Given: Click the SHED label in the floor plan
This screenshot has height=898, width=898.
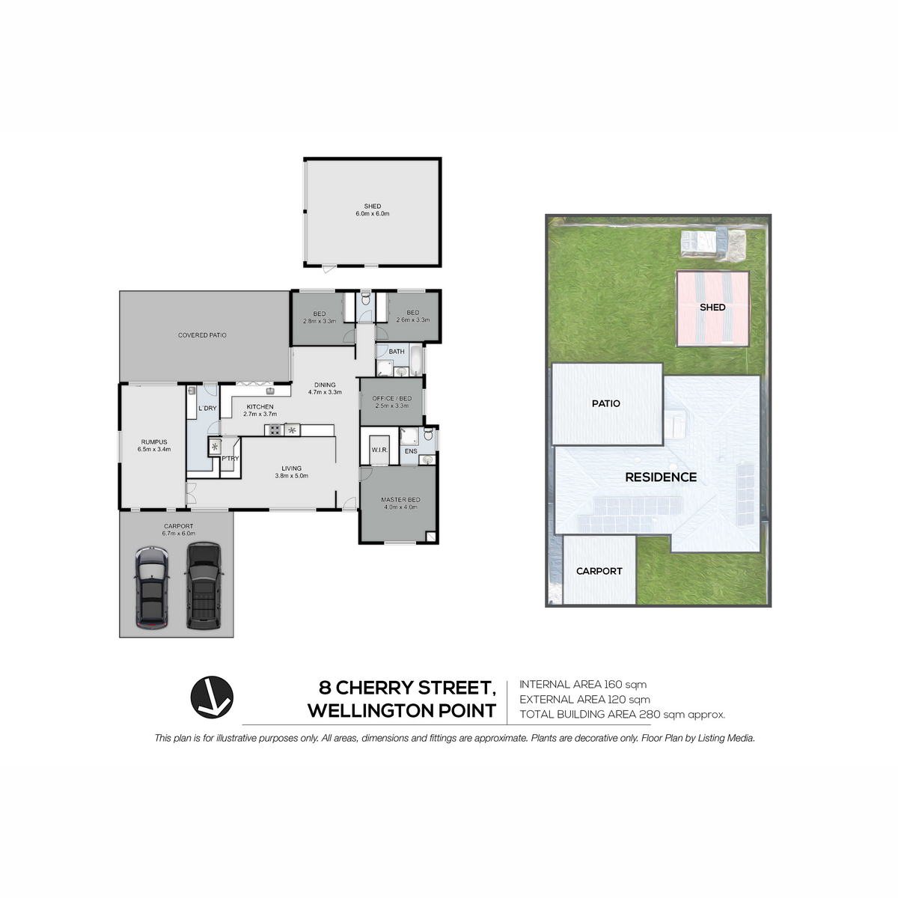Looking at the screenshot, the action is click(373, 206).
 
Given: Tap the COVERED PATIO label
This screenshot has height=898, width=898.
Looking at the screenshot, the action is click(202, 335).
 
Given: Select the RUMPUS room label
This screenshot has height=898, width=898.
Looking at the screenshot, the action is click(154, 442).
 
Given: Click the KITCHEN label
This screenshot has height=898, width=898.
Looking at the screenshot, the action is click(260, 407).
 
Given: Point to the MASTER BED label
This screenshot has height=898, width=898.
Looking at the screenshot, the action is click(400, 500).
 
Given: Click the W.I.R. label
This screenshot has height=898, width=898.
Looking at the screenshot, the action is click(379, 450).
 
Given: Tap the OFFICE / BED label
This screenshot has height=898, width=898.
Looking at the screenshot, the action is click(392, 398).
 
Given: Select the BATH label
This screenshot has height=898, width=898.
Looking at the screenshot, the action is click(397, 352).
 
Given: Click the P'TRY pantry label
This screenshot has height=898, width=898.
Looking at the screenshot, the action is click(230, 459).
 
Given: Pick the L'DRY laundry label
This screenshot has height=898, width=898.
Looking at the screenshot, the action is click(207, 409).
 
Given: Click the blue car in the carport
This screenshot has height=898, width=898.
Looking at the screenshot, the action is click(152, 588).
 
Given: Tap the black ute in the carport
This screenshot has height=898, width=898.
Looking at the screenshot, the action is click(204, 586).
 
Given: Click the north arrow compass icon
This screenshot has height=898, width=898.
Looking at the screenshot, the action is click(212, 697).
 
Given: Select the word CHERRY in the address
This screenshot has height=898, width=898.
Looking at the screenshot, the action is click(375, 688).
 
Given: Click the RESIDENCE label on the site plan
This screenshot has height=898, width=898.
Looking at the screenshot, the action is click(661, 477).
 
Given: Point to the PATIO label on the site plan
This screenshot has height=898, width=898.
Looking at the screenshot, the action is click(606, 403).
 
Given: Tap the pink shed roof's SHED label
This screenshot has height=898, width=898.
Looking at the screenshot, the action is click(712, 307).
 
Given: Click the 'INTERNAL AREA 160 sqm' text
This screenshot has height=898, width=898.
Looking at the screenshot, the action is click(583, 684).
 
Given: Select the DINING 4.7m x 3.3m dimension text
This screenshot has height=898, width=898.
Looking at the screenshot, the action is click(325, 388).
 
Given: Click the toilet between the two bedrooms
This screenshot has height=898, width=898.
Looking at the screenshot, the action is click(366, 299).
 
